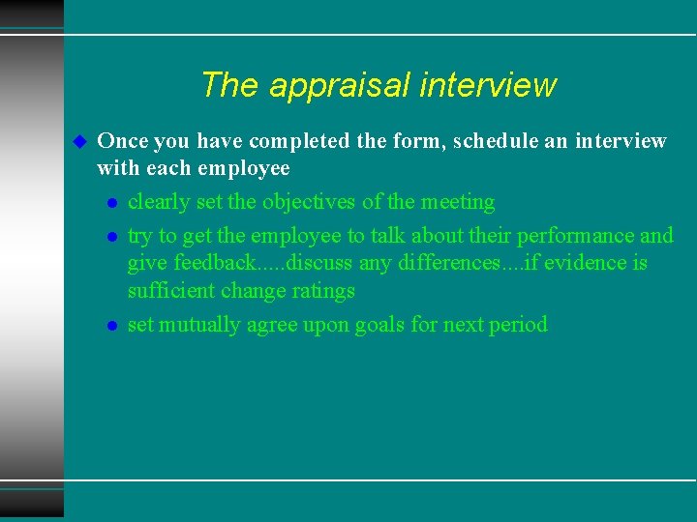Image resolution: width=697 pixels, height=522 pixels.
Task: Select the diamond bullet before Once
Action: [x=80, y=141]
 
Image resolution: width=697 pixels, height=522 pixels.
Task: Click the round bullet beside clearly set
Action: [x=112, y=203]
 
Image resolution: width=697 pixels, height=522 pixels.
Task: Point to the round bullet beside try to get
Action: [x=112, y=237]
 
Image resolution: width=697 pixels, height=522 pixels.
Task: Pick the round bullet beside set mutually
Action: [x=112, y=326]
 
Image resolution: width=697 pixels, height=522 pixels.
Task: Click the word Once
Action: [x=123, y=141]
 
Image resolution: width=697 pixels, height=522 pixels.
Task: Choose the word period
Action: [x=518, y=325]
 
